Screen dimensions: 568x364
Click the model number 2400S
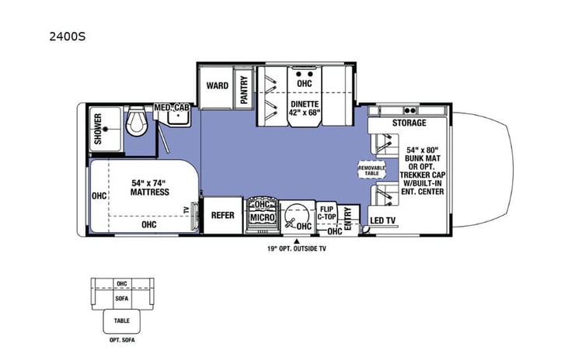pyautogui.click(x=68, y=36)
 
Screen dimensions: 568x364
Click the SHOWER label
pyautogui.click(x=98, y=129)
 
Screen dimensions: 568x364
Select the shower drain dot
pyautogui.click(x=106, y=129)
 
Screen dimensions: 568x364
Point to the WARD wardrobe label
pyautogui.click(x=218, y=85)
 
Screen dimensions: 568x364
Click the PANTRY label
pyautogui.click(x=244, y=89)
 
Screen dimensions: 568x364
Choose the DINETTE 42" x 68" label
pyautogui.click(x=305, y=108)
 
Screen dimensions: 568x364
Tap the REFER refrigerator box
pyautogui.click(x=223, y=216)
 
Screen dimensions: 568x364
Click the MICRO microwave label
pyautogui.click(x=263, y=217)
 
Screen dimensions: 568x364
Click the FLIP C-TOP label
pyautogui.click(x=327, y=213)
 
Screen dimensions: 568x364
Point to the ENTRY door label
pyautogui.click(x=348, y=218)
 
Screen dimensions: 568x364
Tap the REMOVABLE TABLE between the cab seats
pyautogui.click(x=371, y=170)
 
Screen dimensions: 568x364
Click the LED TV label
pyautogui.click(x=382, y=220)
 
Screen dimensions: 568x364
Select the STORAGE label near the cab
pyautogui.click(x=409, y=123)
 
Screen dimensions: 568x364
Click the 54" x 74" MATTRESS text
pyautogui.click(x=150, y=187)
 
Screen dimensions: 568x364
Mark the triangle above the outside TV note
pyautogui.click(x=297, y=241)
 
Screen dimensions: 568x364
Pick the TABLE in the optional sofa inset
pyautogui.click(x=122, y=321)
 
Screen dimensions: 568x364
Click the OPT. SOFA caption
pyautogui.click(x=122, y=340)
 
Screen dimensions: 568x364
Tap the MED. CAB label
pyautogui.click(x=172, y=108)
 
